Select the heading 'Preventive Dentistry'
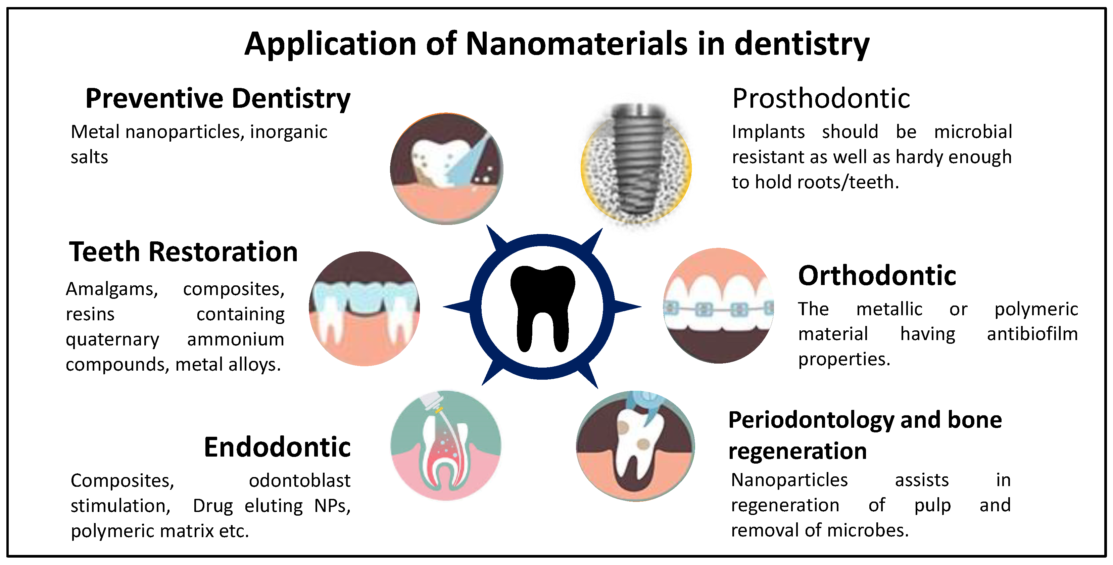click(218, 99)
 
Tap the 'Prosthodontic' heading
click(821, 99)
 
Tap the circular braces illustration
click(719, 306)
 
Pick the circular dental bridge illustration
click(364, 309)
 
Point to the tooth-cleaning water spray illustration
click(446, 169)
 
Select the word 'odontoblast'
click(299, 481)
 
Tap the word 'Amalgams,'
click(112, 289)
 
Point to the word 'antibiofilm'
click(1032, 334)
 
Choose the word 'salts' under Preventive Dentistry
click(89, 157)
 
